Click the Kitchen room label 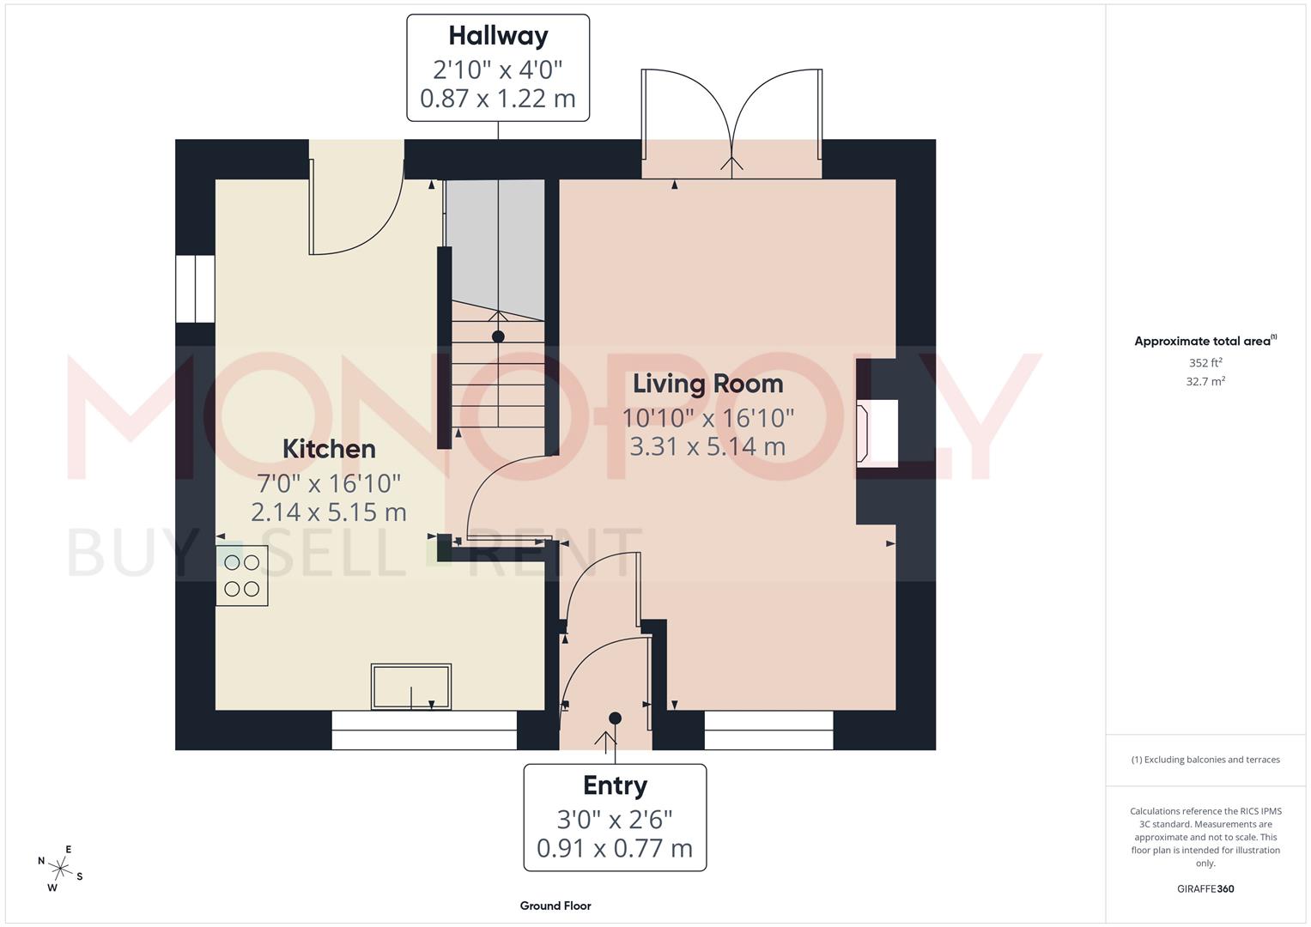click(329, 449)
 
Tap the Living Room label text click(707, 384)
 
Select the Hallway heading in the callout click(498, 36)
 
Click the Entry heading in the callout click(615, 785)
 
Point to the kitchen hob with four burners click(241, 575)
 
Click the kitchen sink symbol click(410, 686)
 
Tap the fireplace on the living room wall click(877, 433)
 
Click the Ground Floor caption click(555, 906)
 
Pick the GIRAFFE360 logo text click(1205, 888)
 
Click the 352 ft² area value click(1205, 363)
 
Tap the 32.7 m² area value click(1205, 381)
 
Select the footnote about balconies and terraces click(1205, 760)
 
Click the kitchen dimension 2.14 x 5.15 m click(329, 512)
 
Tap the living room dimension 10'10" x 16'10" click(707, 418)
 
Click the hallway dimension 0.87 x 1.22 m click(498, 99)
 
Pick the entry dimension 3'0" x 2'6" click(615, 819)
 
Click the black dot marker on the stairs click(498, 336)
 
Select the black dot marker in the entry click(615, 718)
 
